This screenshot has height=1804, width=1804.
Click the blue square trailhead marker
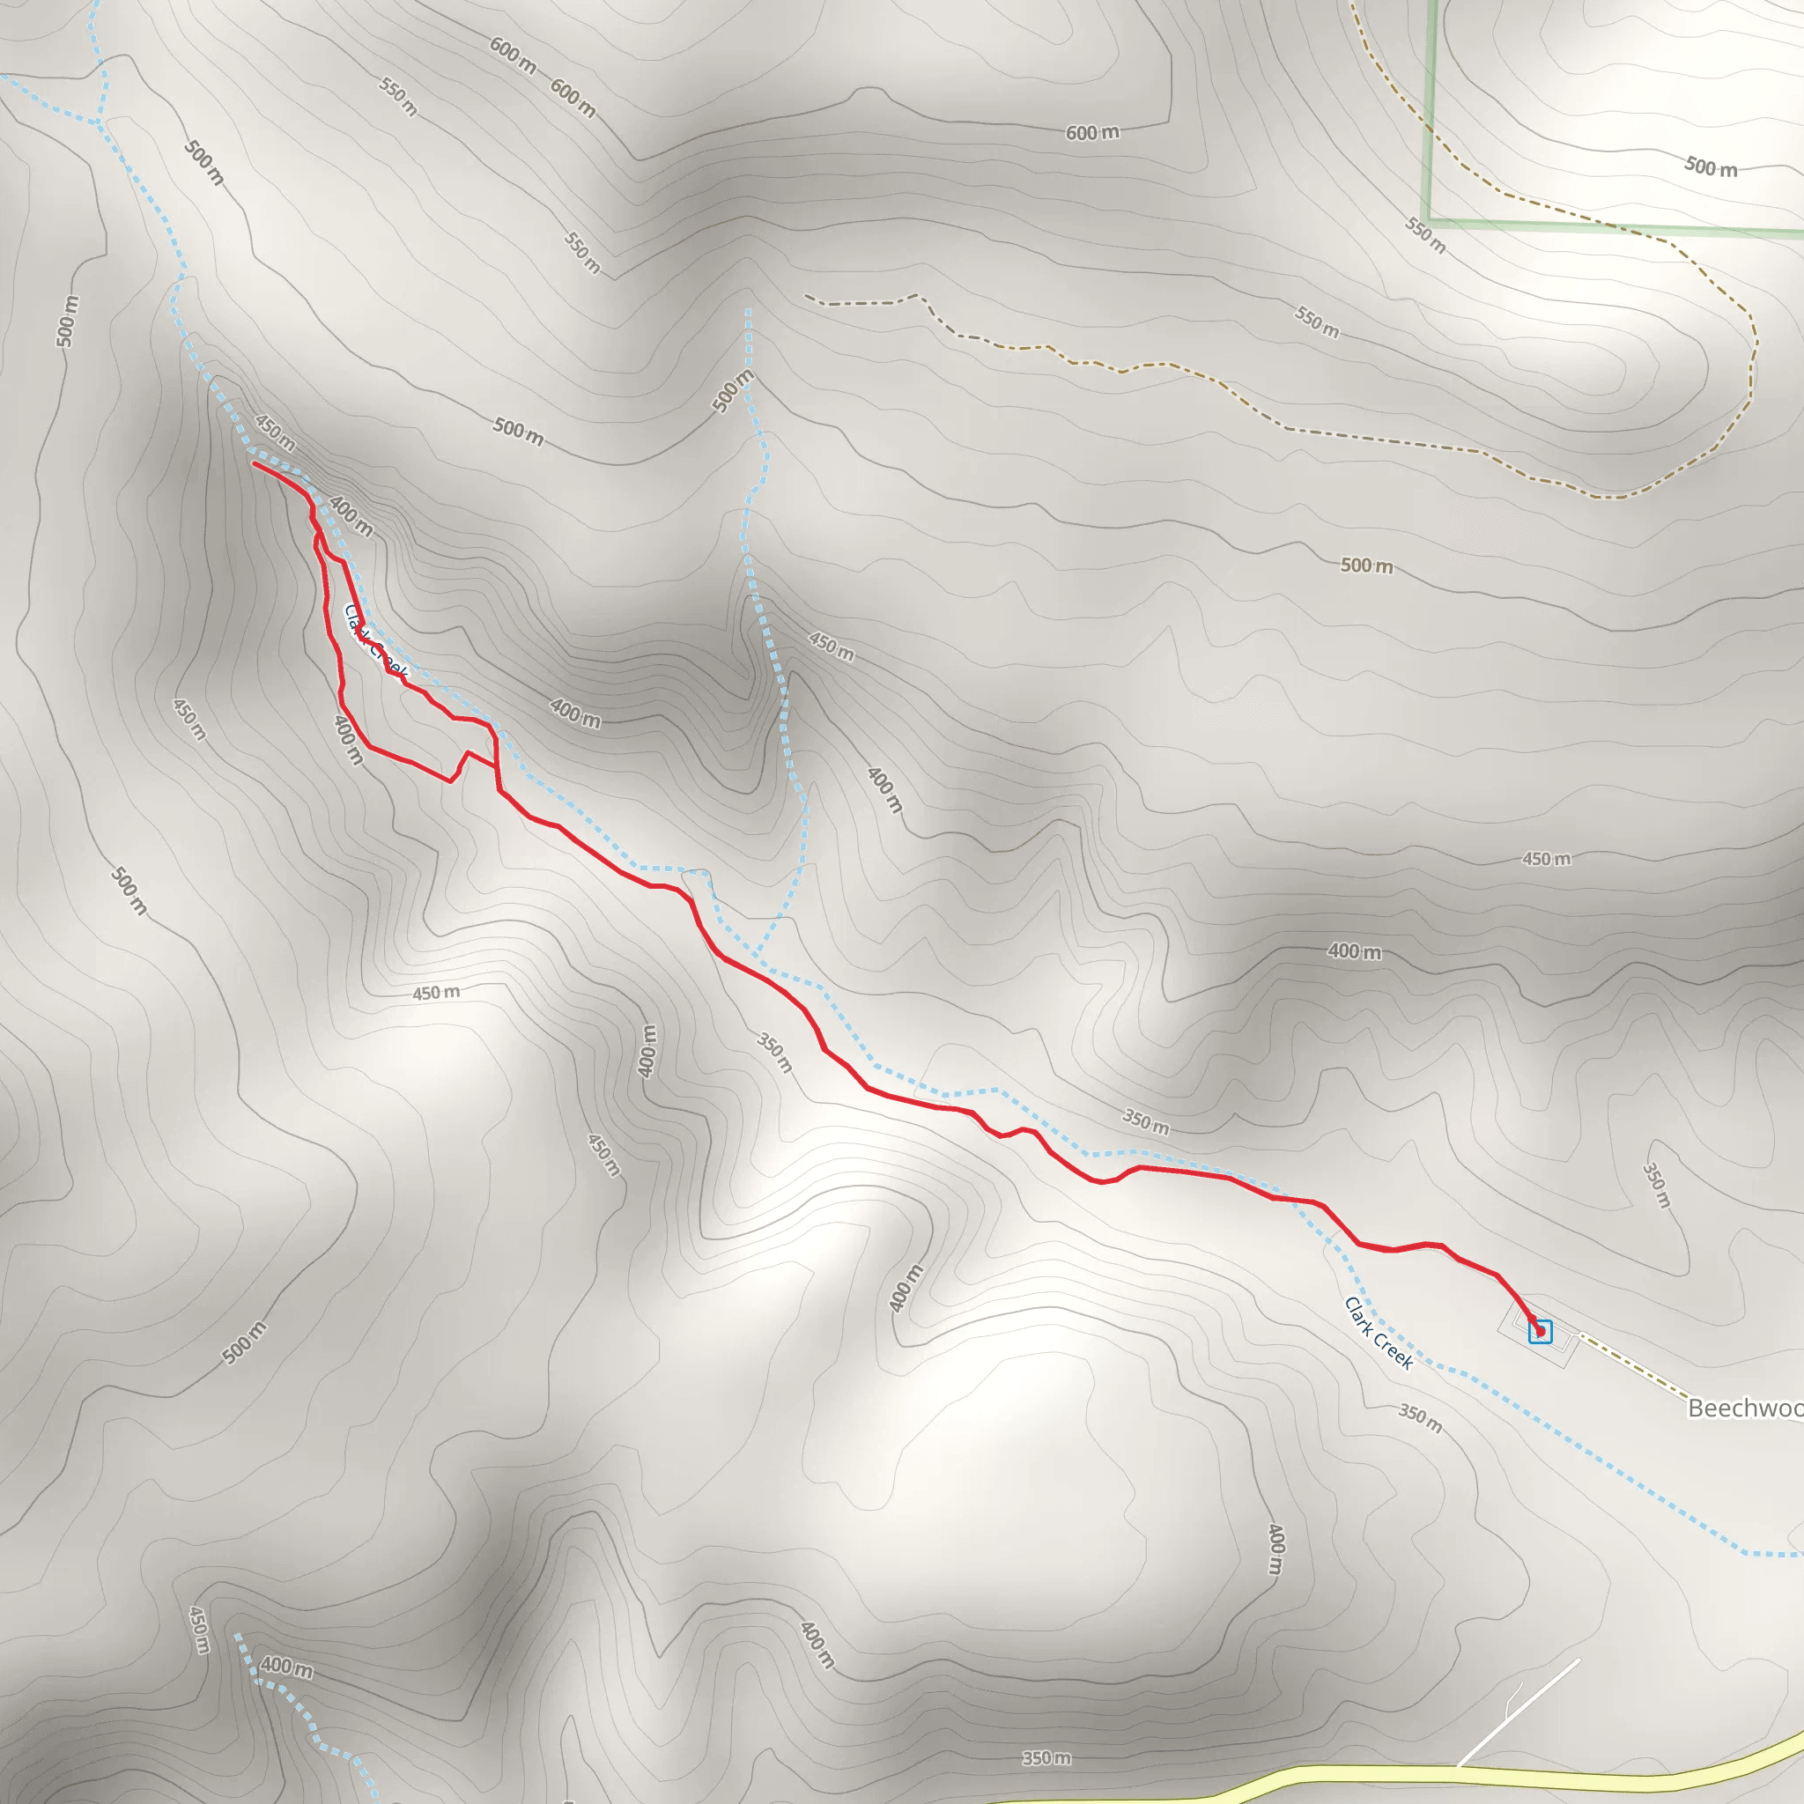tap(1540, 1332)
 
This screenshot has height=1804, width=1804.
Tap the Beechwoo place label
tap(1744, 1408)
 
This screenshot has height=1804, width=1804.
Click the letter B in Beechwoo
tap(1697, 1408)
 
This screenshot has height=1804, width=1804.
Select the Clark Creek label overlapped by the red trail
tap(375, 640)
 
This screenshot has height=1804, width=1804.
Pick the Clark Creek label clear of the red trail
tap(1379, 1333)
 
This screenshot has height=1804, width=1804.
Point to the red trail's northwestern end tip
tap(255, 463)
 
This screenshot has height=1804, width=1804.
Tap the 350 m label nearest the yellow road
tap(1046, 1758)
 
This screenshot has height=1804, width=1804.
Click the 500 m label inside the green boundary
tap(1711, 167)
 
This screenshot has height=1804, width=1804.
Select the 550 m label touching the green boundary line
tap(1426, 234)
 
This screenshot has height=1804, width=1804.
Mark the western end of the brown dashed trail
tap(807, 297)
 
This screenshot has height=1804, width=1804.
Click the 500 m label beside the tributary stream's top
tap(733, 390)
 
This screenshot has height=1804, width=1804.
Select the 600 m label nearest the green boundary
tap(1092, 133)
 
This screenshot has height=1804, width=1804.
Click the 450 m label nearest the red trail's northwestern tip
tap(276, 433)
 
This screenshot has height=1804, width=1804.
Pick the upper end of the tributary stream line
tap(748, 311)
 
